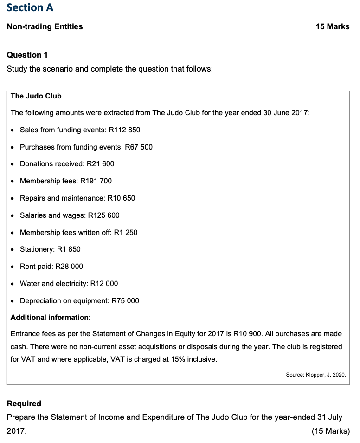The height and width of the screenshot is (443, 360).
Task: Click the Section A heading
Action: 30,8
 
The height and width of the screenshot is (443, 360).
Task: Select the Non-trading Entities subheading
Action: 45,26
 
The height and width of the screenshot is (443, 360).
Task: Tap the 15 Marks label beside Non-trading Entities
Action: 332,26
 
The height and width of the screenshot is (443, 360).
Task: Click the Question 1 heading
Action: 27,55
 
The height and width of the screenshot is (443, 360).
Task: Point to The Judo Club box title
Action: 36,96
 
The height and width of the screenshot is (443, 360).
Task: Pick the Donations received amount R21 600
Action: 100,164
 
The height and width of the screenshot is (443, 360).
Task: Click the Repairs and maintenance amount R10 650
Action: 121,198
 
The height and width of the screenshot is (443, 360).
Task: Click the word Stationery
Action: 36,249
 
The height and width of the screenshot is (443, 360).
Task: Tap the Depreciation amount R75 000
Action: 125,301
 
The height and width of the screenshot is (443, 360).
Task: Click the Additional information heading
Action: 51,318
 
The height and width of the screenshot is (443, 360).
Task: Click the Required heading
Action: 24,404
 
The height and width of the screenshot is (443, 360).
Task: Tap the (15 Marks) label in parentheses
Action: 331,431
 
